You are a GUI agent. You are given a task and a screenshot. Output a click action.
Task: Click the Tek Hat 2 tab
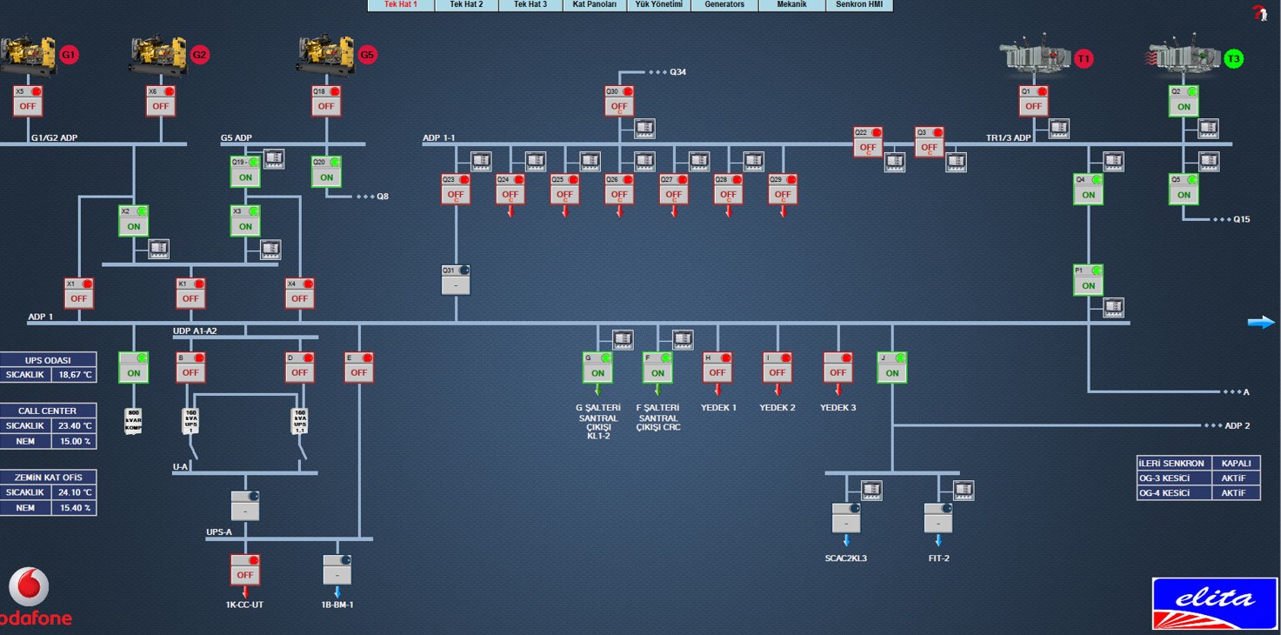[x=466, y=5]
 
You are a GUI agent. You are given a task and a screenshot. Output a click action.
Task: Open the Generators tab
[x=724, y=5]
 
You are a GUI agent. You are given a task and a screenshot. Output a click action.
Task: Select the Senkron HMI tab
[x=858, y=5]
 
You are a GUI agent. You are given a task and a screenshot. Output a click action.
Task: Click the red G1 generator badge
[x=69, y=55]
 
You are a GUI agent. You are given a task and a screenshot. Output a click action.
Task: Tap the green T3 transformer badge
[x=1233, y=58]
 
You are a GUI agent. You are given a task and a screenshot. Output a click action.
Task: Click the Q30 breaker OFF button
[x=619, y=106]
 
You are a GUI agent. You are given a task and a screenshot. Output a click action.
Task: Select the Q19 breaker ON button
[x=245, y=177]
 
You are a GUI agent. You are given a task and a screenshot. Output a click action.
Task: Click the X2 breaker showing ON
[x=134, y=225]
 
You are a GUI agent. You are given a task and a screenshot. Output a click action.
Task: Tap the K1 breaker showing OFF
[x=190, y=297]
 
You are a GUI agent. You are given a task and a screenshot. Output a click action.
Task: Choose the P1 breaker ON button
[x=1088, y=284]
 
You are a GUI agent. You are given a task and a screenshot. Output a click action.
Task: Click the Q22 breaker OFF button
[x=868, y=147]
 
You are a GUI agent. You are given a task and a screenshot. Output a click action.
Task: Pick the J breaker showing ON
[x=892, y=372]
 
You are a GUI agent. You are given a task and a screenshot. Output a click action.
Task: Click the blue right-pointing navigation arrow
[x=1261, y=323]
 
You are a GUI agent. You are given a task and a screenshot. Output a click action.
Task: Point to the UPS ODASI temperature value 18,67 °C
[x=75, y=375]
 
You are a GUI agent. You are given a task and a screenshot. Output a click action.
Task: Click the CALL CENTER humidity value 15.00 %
[x=75, y=441]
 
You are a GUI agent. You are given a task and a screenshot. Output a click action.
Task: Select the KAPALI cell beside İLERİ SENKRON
[x=1236, y=464]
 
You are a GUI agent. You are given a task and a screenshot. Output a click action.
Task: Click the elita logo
[x=1215, y=601]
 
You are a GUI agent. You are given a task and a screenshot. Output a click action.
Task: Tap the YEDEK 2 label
[x=777, y=407]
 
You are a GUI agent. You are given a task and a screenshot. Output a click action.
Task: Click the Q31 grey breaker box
[x=456, y=284]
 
